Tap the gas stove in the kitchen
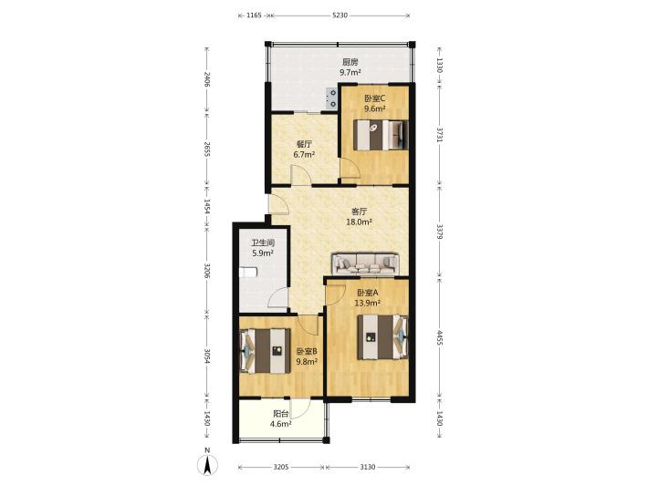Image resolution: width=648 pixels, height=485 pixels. click(332, 98)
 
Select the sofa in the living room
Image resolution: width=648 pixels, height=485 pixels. click(366, 264)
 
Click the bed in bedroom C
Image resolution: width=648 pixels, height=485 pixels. click(381, 135)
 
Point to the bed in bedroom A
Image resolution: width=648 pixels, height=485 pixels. click(382, 337)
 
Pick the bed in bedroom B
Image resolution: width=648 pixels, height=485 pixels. click(265, 350)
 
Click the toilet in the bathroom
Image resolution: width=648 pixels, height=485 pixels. click(248, 272)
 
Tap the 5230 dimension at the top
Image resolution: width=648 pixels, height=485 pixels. click(340, 15)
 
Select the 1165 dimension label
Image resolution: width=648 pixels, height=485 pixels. click(254, 15)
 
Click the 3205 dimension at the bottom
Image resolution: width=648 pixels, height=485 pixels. click(280, 467)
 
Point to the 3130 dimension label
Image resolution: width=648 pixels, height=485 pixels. click(367, 467)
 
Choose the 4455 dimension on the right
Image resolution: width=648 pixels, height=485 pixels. click(440, 337)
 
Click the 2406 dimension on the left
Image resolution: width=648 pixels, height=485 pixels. click(207, 79)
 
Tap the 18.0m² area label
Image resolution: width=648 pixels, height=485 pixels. click(359, 222)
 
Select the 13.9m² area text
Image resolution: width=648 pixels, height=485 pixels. click(367, 303)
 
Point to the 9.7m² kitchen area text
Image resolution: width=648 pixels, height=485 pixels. click(350, 73)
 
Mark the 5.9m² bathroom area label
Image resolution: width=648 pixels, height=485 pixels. click(263, 253)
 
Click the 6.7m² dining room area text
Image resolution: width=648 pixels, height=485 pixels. click(304, 155)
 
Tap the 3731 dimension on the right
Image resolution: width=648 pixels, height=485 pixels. click(440, 135)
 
